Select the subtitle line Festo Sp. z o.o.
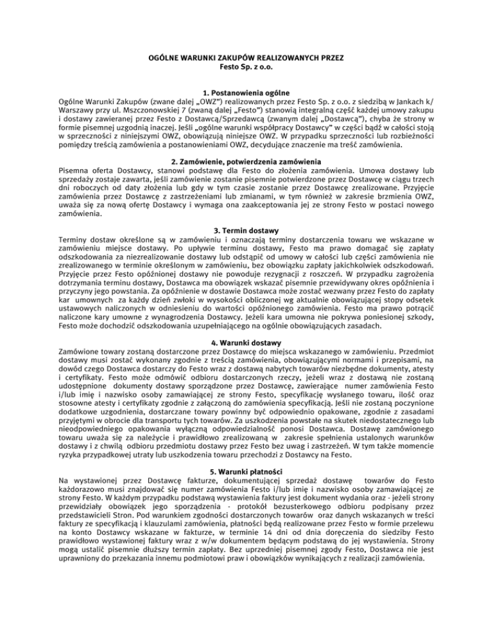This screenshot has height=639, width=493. (x=246, y=66)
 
